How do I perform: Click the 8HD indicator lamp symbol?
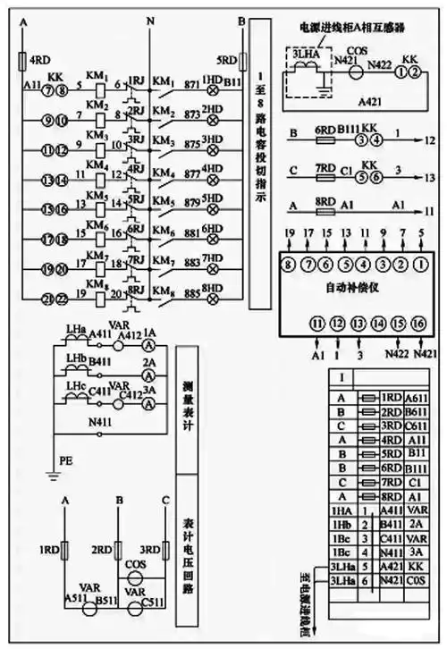click(215, 299)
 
